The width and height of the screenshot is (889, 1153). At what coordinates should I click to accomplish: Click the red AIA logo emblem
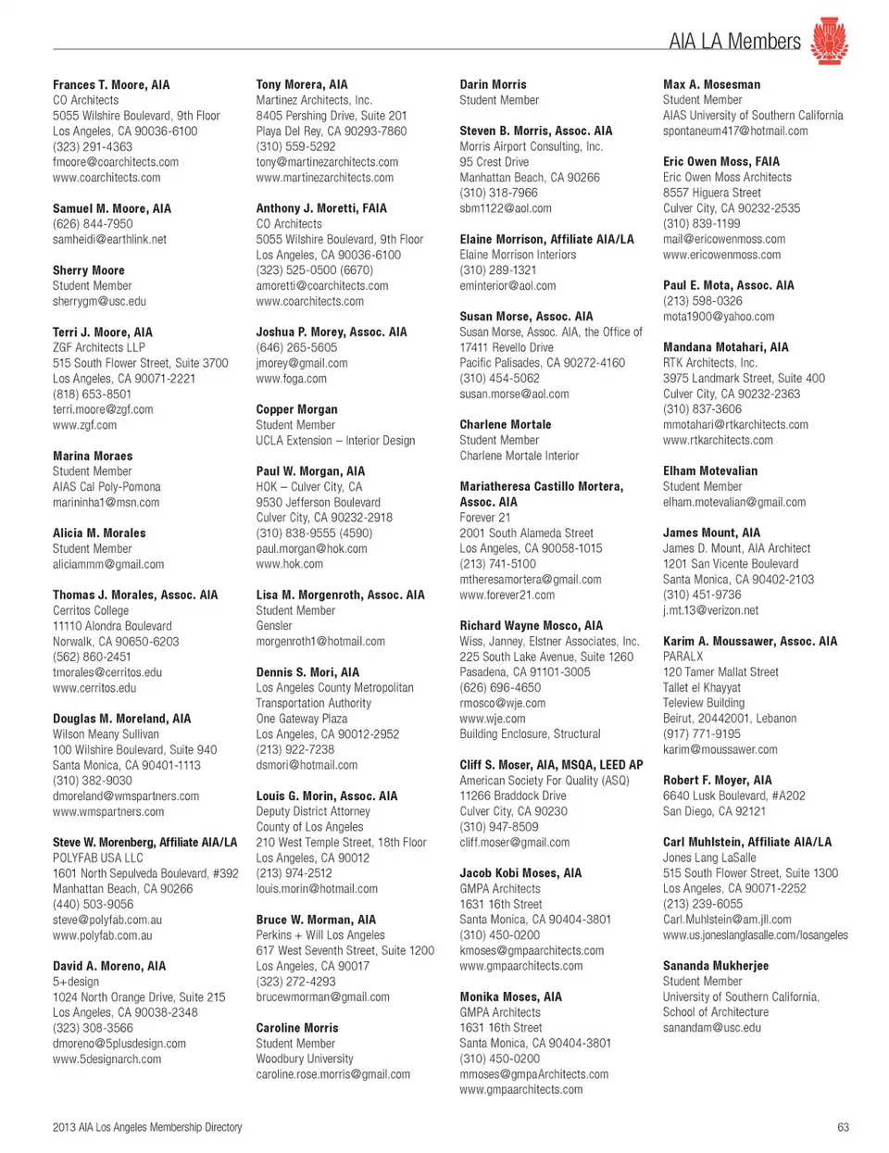tap(829, 40)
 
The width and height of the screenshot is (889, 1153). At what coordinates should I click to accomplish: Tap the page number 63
tap(843, 1127)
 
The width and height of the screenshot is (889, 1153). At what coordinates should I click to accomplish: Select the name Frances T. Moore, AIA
tap(111, 84)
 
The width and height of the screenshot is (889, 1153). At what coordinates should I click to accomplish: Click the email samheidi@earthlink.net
tap(109, 239)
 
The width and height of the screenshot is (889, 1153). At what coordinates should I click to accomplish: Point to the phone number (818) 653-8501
tap(92, 394)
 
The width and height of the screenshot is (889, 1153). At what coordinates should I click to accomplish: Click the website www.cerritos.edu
tap(94, 688)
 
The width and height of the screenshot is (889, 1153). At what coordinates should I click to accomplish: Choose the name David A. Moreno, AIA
tap(109, 966)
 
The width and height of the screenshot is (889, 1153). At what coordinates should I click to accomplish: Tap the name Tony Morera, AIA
tap(302, 84)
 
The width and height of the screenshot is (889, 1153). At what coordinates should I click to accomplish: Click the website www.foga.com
tap(291, 378)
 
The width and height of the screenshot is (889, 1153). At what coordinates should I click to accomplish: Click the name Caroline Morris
tap(297, 1028)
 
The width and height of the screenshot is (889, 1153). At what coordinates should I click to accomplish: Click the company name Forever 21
tap(484, 518)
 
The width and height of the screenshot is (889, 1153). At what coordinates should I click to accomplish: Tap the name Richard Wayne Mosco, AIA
tap(531, 626)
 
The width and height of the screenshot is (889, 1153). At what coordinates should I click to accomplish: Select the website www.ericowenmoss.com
tap(721, 255)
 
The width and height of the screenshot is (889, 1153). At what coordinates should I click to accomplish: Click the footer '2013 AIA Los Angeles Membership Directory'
tap(147, 1127)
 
